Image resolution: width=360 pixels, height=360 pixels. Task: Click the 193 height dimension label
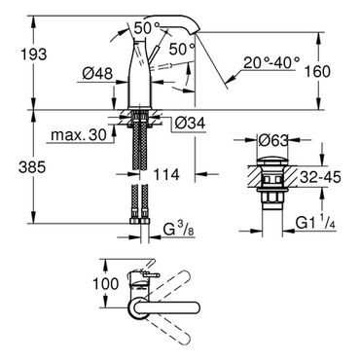click(x=34, y=54)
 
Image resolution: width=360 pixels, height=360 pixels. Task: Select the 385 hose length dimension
click(x=32, y=167)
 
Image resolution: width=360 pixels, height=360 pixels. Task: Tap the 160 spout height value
click(x=317, y=71)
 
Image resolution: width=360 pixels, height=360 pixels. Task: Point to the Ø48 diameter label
click(x=97, y=74)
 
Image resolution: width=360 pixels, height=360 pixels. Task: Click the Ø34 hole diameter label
click(x=190, y=124)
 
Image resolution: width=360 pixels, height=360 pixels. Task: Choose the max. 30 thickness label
click(x=79, y=135)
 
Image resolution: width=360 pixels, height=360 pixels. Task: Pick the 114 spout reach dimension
click(x=166, y=175)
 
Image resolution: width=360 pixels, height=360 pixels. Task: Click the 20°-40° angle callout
click(x=271, y=63)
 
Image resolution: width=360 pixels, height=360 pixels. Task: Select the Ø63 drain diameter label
click(x=273, y=140)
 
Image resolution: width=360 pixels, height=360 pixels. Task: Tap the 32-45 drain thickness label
click(x=320, y=177)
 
